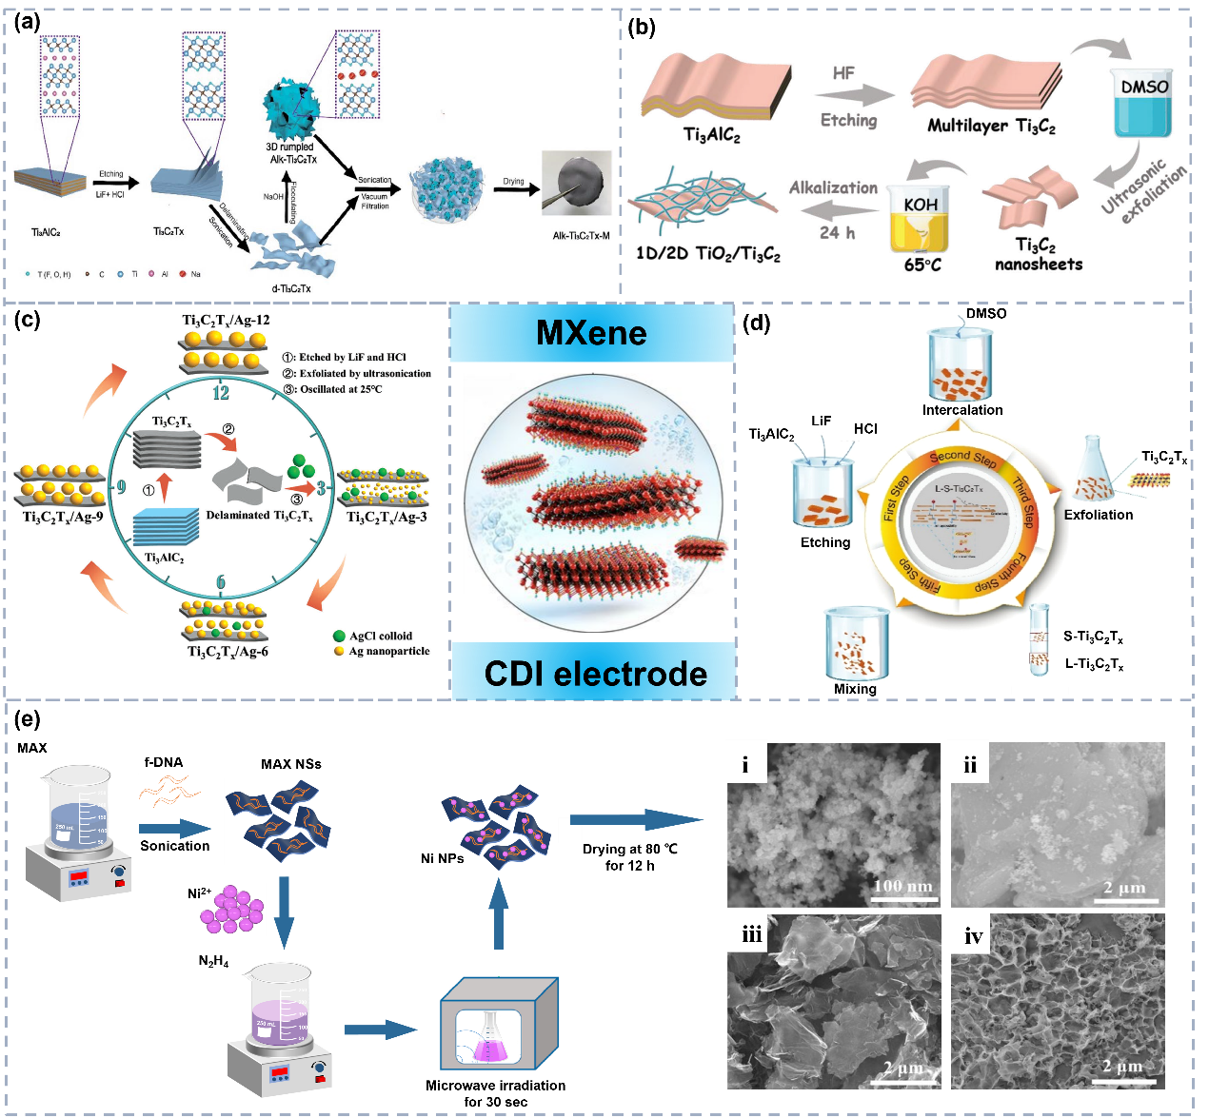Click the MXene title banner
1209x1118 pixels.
coord(592,333)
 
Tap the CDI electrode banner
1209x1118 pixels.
coord(596,674)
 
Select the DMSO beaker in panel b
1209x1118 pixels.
coord(1143,104)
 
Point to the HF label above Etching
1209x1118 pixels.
coord(843,73)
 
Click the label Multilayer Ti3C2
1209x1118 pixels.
coord(991,126)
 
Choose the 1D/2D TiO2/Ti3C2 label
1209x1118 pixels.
coord(708,254)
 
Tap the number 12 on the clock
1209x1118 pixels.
coord(221,393)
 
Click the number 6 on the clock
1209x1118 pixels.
coord(221,582)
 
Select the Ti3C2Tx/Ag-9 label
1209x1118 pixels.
coord(63,517)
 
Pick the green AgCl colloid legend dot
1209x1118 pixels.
coord(339,636)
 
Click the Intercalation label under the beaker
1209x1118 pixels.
coord(962,410)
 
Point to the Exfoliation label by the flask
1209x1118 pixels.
coord(1099,515)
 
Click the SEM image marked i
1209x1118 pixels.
coord(834,824)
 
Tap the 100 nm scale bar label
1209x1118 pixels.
coord(902,886)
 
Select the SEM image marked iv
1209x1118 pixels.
coord(1058,1001)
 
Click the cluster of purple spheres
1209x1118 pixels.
coord(231,910)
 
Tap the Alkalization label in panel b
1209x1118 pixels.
coord(833,188)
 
